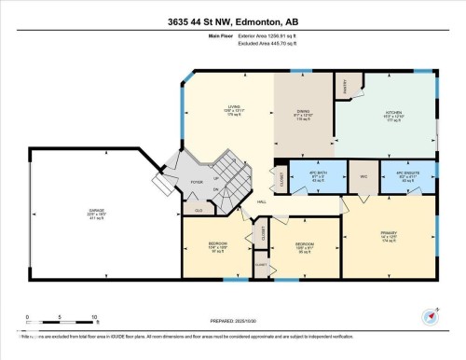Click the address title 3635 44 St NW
[x=232, y=21]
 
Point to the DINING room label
[x=303, y=113]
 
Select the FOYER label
[x=198, y=184]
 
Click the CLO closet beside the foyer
[x=199, y=211]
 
